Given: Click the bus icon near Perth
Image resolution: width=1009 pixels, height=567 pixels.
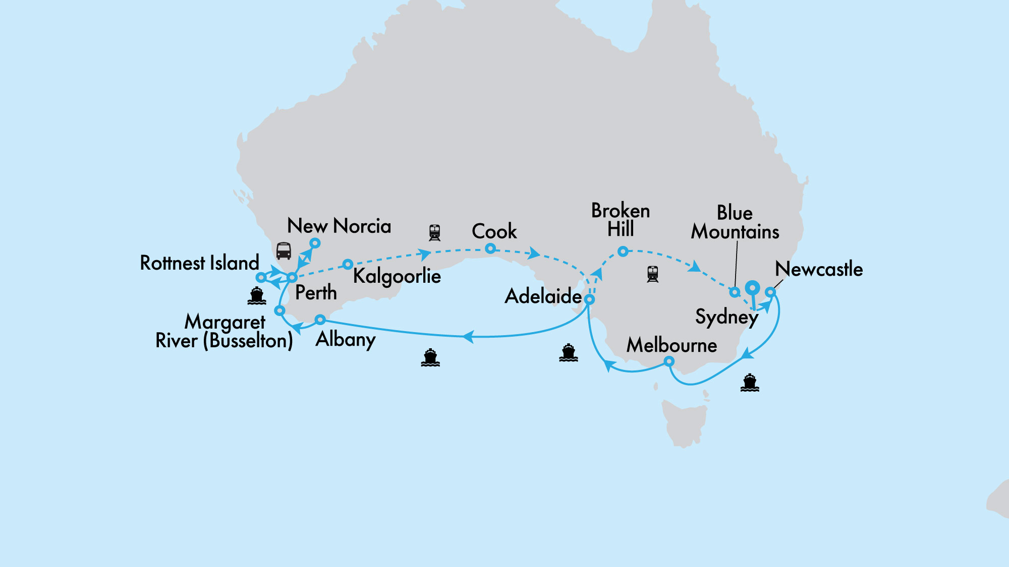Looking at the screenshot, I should pos(284,250).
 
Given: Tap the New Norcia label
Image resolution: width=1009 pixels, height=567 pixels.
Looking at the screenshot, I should pos(339,226).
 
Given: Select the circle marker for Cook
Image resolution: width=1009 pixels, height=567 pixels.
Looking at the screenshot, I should pos(490,248).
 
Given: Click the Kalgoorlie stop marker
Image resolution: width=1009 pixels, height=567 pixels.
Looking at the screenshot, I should pos(348,264).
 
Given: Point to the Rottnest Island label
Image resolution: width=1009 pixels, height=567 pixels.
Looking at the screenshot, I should pos(199,263).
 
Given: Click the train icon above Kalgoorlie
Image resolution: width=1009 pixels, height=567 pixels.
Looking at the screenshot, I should pos(434,232).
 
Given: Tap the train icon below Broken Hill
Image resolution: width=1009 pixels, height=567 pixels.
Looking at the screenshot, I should pos(652,274).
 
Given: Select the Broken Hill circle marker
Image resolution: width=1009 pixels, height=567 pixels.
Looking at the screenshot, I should pos(623,251).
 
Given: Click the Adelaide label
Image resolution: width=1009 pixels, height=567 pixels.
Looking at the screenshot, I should pos(543,296).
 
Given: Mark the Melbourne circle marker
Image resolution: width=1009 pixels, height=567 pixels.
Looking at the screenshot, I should pos(668,361).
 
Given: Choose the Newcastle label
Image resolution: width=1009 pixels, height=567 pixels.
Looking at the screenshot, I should pos(819,269).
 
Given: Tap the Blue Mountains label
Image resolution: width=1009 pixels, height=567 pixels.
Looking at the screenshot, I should pos(735,222).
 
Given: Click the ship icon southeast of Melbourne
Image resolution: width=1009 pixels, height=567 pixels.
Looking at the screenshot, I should pos(750,383).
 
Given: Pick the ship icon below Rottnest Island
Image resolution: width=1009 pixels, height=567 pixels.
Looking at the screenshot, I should pos(256,296).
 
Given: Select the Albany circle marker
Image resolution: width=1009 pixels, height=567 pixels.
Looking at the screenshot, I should pos(320,319).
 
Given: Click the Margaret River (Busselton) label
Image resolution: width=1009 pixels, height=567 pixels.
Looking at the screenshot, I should pos(225,331).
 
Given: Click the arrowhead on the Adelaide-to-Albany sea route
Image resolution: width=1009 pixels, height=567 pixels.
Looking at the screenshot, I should pos(468,336).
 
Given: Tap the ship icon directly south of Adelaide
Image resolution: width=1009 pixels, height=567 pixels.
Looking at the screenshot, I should pos(568,353).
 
